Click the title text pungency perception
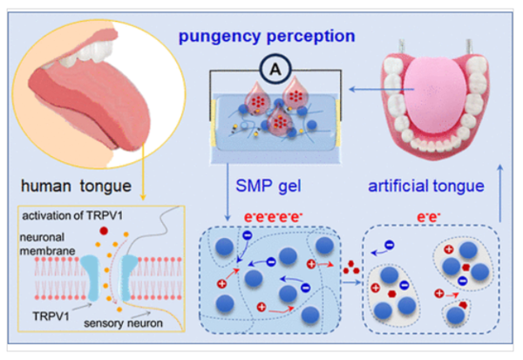click(x=268, y=38)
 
